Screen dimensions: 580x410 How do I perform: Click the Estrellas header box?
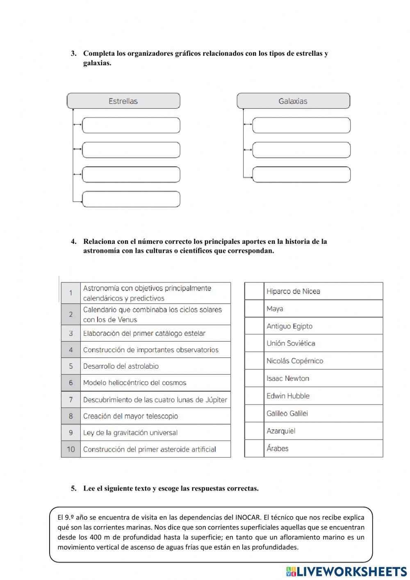point(123,101)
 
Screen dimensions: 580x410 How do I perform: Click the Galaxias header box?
point(293,101)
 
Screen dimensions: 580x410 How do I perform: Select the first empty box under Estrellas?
point(131,125)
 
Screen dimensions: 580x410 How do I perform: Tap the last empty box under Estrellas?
point(131,199)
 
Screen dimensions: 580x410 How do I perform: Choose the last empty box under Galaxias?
point(301,174)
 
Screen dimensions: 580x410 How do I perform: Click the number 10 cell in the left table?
point(71,449)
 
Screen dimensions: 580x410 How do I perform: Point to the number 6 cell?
point(71,383)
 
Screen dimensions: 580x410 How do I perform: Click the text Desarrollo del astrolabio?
point(121,366)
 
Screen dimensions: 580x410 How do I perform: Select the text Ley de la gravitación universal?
point(130,433)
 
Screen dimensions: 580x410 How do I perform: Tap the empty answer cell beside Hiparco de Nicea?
point(254,291)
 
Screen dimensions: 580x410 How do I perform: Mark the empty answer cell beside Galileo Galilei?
point(254,413)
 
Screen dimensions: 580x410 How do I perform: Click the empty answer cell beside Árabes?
point(254,448)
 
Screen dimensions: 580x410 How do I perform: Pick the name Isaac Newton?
point(287,378)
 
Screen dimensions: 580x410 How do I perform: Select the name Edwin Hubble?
point(288,396)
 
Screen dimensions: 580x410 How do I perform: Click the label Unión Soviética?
point(291,343)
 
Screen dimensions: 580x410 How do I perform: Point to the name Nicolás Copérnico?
point(294,361)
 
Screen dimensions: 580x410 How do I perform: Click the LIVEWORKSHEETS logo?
point(346,571)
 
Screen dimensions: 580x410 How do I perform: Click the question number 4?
point(73,242)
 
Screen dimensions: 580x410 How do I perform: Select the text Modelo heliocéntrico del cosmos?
point(134,383)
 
